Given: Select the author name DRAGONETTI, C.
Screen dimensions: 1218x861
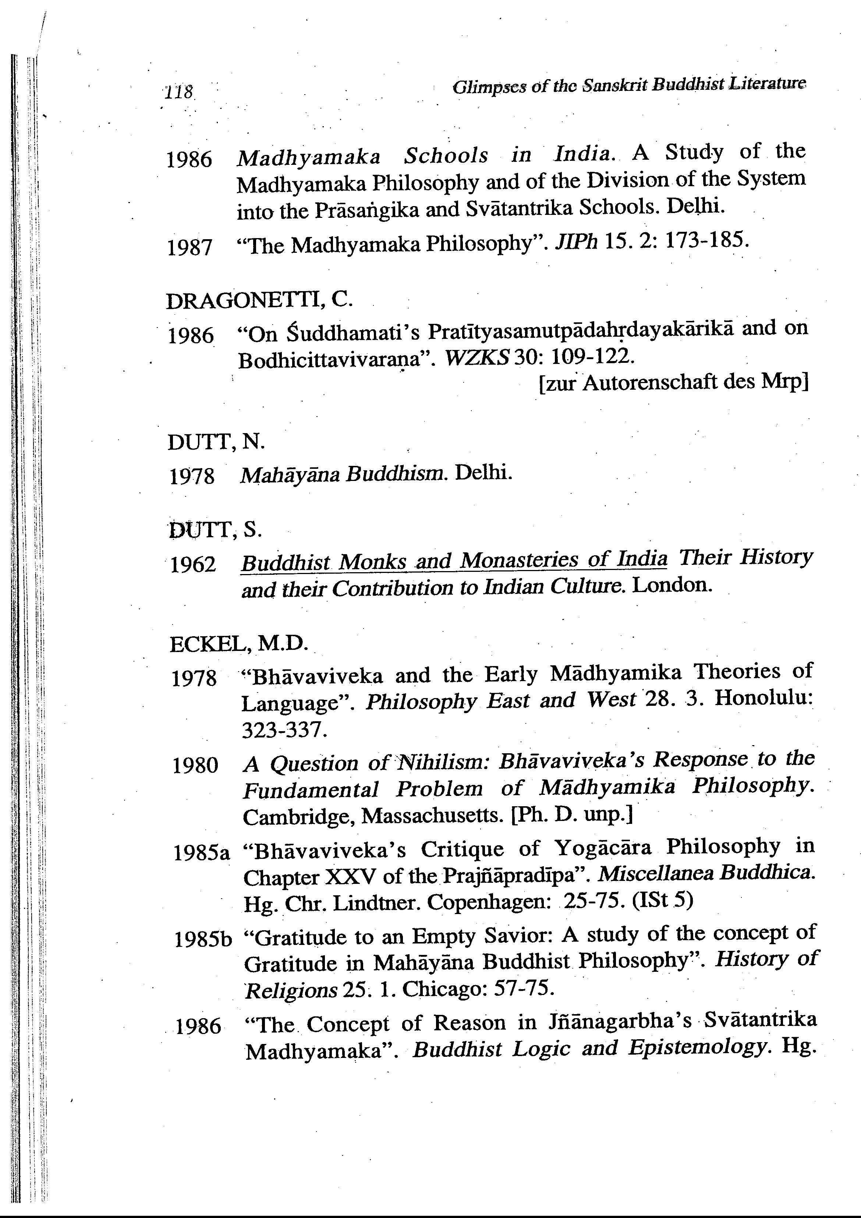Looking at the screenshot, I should tap(259, 301).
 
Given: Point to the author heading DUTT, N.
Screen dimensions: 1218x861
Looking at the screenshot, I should tap(215, 442).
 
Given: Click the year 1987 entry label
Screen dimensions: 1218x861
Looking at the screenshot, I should tap(189, 248).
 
